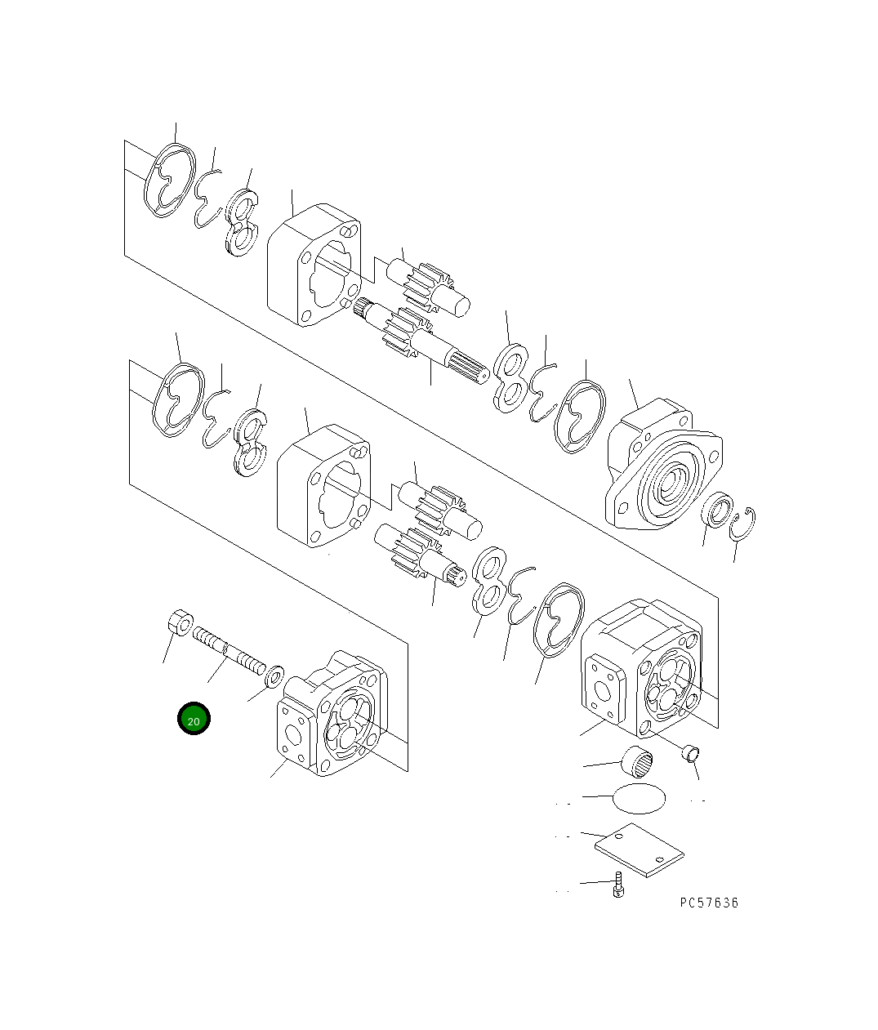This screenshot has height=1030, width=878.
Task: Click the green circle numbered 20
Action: pyautogui.click(x=194, y=719)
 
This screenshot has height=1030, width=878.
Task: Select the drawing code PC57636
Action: pyautogui.click(x=708, y=903)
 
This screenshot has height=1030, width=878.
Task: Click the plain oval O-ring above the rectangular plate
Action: pyautogui.click(x=638, y=797)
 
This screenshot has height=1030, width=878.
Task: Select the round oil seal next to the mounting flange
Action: pyautogui.click(x=717, y=511)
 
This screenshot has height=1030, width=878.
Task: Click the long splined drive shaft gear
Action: pyautogui.click(x=421, y=340)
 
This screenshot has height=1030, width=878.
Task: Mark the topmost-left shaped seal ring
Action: pyautogui.click(x=169, y=181)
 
